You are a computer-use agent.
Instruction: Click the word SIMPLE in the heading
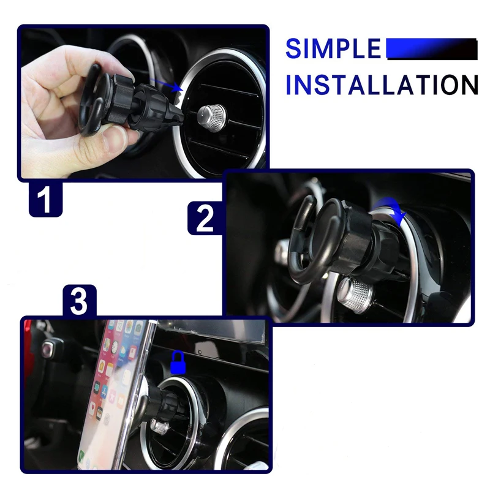(x=333, y=48)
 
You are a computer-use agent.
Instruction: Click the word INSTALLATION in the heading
(x=382, y=85)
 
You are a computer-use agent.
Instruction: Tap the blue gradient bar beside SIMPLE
(x=432, y=48)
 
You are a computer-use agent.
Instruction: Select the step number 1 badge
(x=45, y=198)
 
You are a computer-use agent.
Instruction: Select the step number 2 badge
(x=205, y=218)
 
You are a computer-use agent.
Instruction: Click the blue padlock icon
(x=178, y=362)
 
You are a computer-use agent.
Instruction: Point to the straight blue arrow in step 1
(x=165, y=85)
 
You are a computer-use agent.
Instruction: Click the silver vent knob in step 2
(x=355, y=294)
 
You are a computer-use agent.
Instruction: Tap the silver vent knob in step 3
(x=160, y=427)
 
